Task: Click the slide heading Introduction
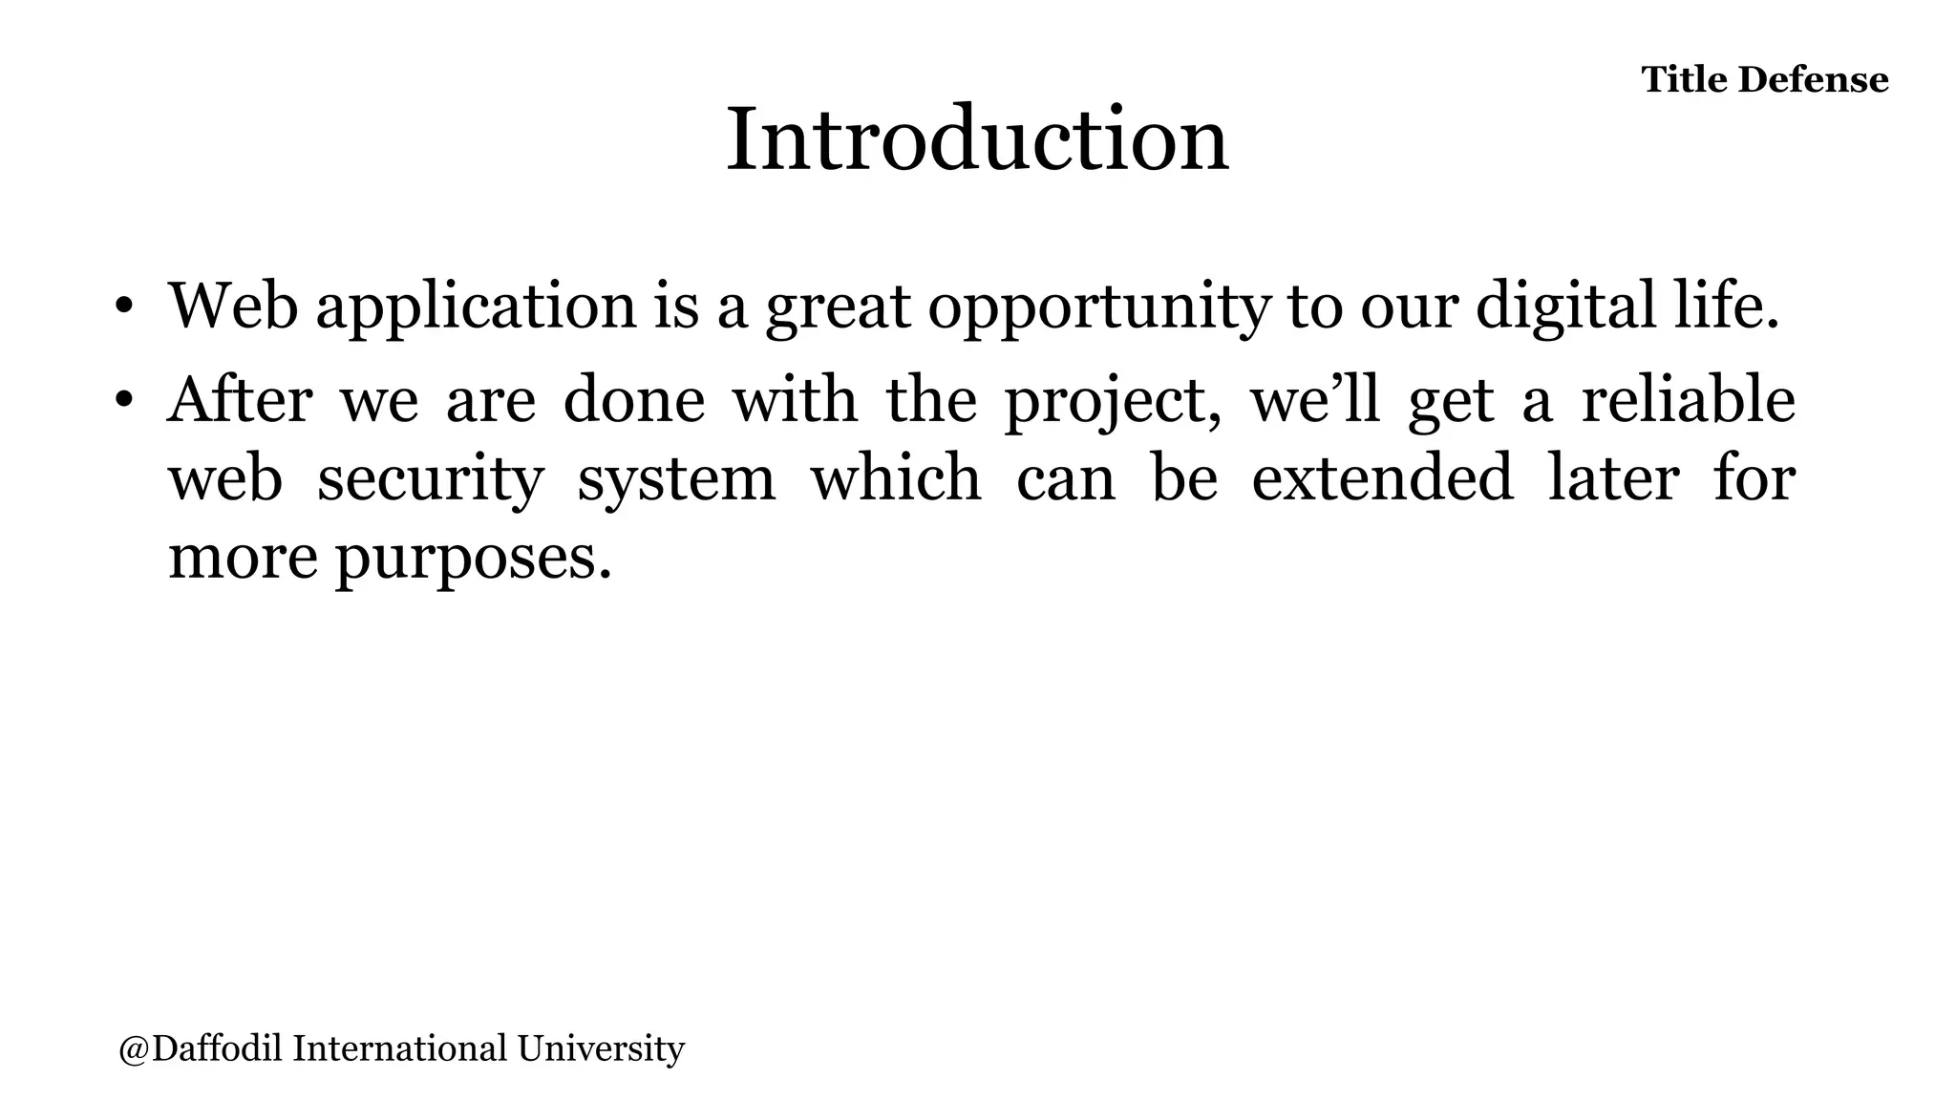(977, 141)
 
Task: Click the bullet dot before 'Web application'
(123, 308)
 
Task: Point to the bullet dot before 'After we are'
(123, 402)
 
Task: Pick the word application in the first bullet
(476, 308)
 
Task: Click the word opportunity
(1099, 308)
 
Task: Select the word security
(430, 479)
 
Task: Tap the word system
(676, 479)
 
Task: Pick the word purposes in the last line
(473, 559)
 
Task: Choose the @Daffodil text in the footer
(200, 1048)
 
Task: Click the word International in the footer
(399, 1048)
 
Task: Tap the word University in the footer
(601, 1048)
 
